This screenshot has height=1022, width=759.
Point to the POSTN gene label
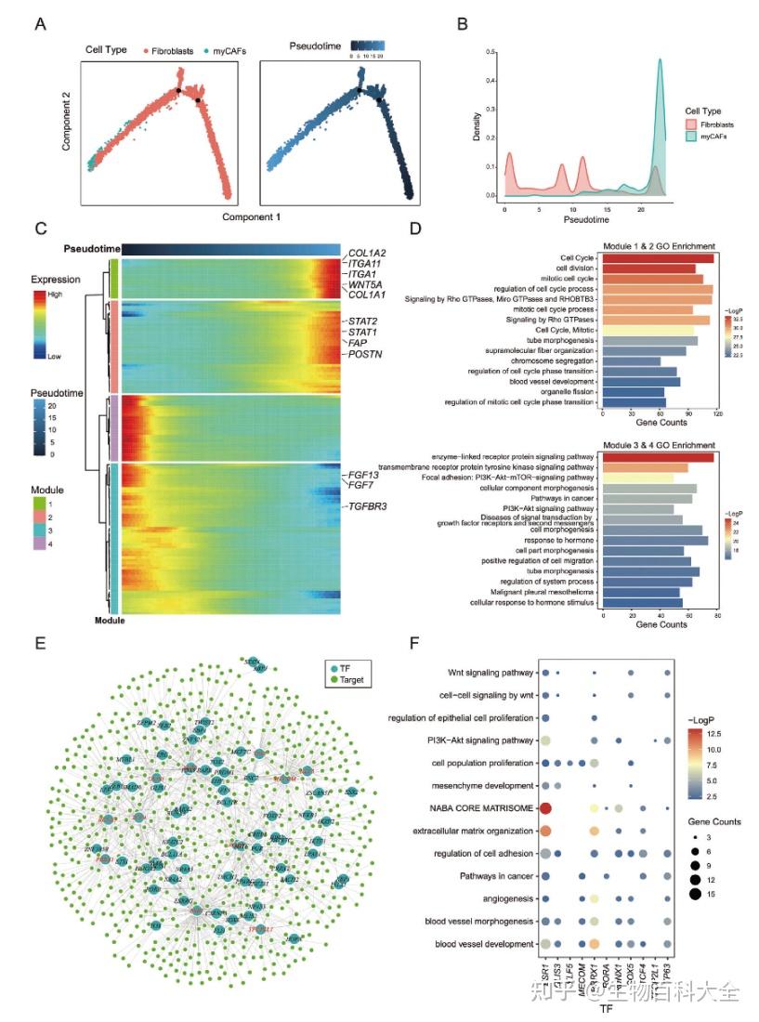(364, 355)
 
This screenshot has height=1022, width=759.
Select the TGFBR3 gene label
(370, 507)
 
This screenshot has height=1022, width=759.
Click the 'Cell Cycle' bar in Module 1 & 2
(658, 257)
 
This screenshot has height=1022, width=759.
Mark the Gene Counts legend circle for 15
(695, 895)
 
